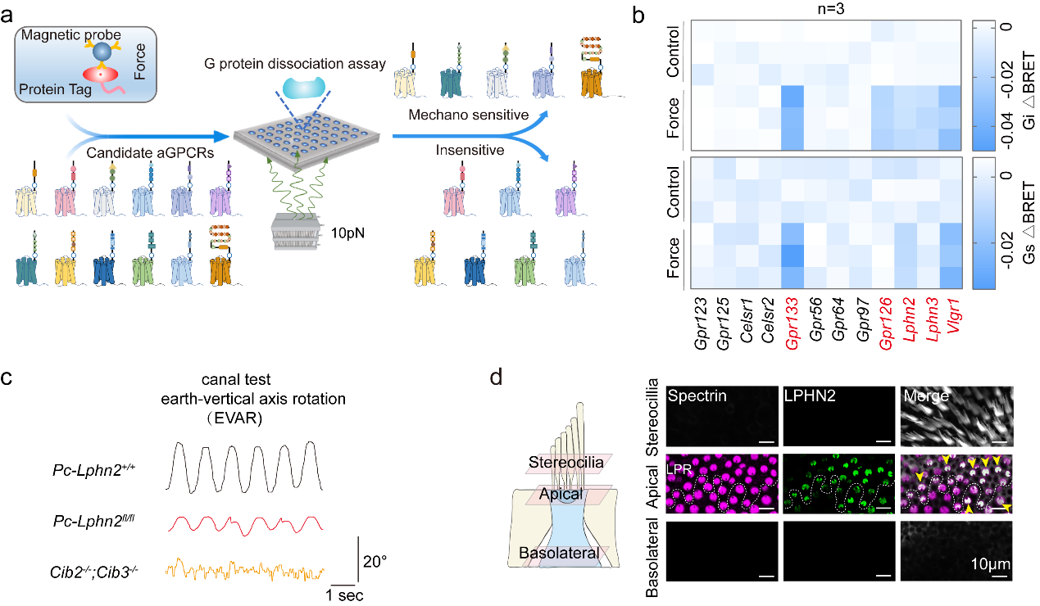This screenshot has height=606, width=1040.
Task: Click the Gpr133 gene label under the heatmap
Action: [x=791, y=323]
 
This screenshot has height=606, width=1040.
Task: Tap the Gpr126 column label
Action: [x=883, y=323]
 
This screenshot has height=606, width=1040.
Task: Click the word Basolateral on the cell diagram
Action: [x=561, y=554]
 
